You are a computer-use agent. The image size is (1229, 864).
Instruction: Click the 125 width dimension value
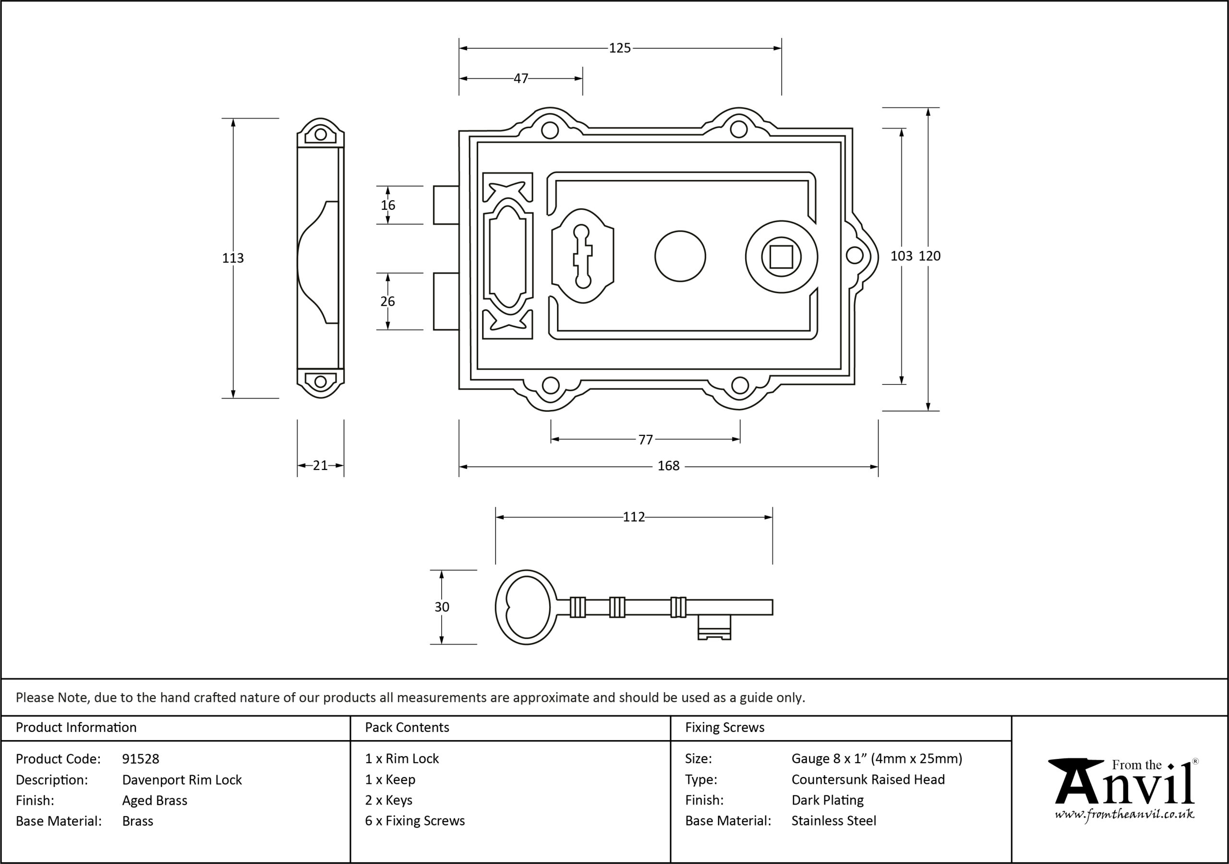coord(620,48)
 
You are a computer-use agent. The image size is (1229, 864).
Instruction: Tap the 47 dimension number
coord(521,79)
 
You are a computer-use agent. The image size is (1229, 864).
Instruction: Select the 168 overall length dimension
coord(669,466)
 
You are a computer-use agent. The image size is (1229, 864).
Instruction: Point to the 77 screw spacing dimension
coord(646,440)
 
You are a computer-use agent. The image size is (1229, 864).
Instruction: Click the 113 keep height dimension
coord(233,258)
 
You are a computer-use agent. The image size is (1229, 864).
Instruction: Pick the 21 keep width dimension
coord(320,466)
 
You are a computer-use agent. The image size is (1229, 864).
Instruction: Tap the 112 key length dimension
coord(634,517)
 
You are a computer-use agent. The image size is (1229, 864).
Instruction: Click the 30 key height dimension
coord(442,607)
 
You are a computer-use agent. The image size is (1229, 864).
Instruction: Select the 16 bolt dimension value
coord(387,205)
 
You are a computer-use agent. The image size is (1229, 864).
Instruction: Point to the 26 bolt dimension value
coord(387,301)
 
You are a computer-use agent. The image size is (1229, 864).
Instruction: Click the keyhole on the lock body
coord(582,256)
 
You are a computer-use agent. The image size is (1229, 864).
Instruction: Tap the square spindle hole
coord(782,256)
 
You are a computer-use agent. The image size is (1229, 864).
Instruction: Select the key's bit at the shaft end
coord(714,627)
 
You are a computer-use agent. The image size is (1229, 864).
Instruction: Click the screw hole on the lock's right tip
coord(855,256)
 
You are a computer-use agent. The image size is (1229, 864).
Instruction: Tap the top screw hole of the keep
coord(320,134)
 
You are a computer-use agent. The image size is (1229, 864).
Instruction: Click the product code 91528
coord(141,758)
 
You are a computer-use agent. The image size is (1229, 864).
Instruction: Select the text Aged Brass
coord(155,800)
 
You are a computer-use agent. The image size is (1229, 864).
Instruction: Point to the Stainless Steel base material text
coord(834,821)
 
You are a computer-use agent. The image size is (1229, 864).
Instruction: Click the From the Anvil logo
coord(1123,789)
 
